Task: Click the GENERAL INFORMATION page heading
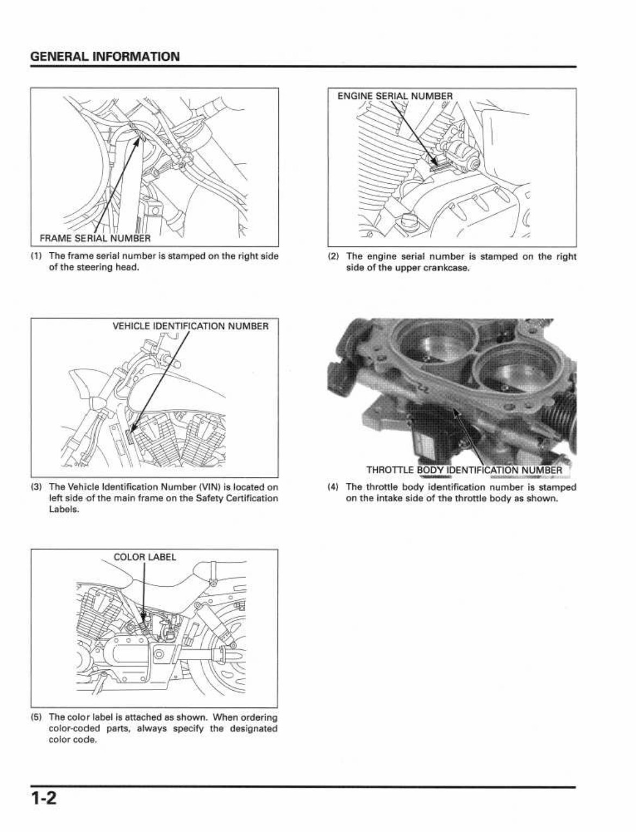point(105,57)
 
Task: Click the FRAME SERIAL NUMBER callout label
point(95,238)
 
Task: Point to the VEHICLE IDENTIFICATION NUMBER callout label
point(190,326)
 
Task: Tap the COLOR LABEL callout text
point(145,557)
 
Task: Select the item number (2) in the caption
point(334,256)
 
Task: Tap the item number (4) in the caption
point(334,487)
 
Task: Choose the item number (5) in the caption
point(36,717)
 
